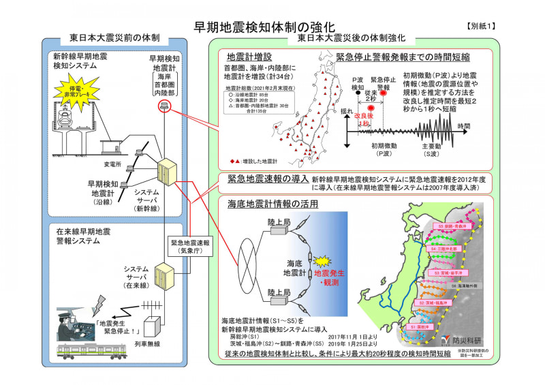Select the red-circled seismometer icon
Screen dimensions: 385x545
click(163, 105)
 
